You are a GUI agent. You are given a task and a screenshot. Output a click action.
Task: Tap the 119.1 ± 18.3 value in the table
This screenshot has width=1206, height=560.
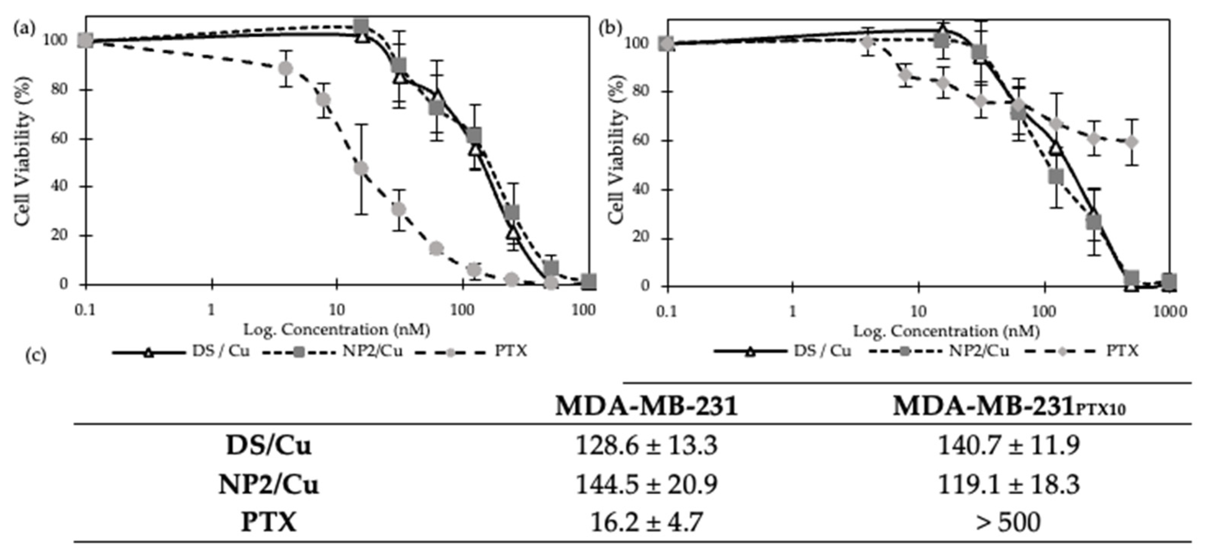point(1009,484)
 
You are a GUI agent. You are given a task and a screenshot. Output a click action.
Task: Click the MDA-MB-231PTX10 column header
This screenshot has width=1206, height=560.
point(1009,406)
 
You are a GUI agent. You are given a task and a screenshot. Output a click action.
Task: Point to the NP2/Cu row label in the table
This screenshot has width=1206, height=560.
point(268,484)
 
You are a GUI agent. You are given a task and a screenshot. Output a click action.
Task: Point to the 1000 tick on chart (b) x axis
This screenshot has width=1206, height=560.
point(1169,311)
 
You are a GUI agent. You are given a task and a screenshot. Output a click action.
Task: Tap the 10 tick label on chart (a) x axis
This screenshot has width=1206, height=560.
point(336,310)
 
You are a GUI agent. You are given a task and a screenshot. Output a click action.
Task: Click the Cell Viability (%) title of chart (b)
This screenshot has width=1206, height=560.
point(617,154)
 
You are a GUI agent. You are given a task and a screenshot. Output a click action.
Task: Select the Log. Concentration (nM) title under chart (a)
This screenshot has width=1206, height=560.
point(336,330)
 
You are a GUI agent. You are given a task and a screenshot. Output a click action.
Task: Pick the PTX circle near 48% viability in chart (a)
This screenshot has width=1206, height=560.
point(361,168)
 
